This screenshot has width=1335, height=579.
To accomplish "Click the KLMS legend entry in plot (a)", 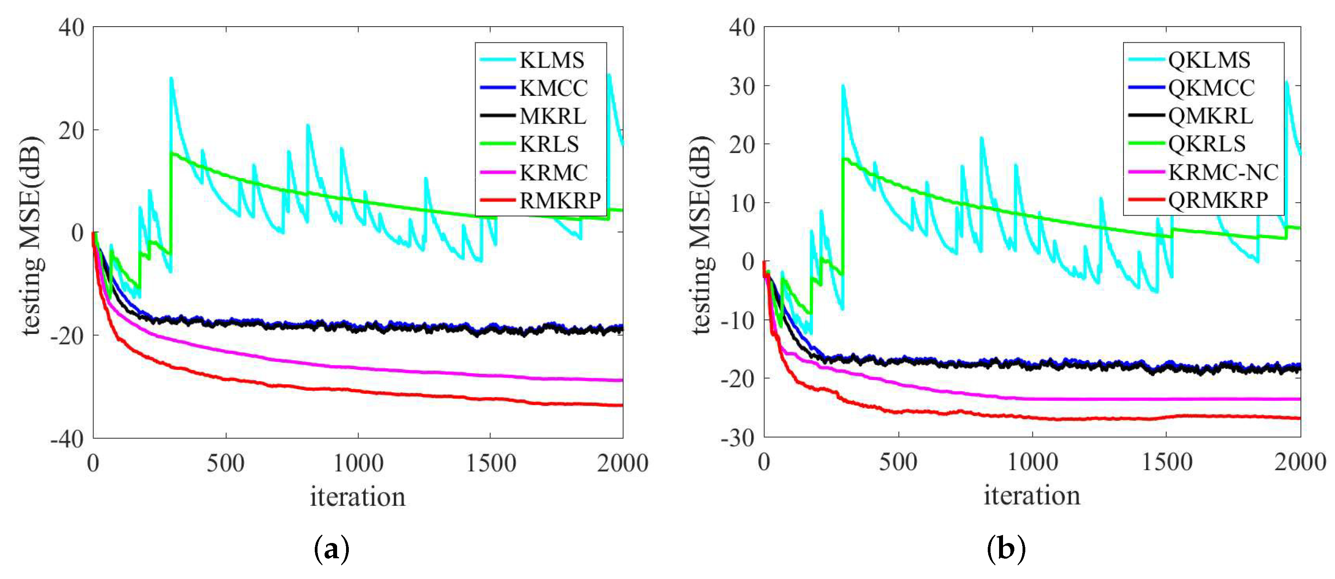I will [x=551, y=61].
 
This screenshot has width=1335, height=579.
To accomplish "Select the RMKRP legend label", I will [x=560, y=201].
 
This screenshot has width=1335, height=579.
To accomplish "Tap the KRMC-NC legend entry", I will [x=1223, y=172].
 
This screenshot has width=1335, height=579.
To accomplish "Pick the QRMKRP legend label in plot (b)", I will [x=1218, y=200].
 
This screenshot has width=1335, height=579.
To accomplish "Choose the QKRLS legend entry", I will [x=1206, y=144].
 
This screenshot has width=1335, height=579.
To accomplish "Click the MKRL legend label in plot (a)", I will [x=553, y=117].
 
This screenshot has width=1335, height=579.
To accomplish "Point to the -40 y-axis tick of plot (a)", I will [x=67, y=439].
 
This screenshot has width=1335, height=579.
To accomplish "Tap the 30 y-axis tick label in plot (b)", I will [x=742, y=87].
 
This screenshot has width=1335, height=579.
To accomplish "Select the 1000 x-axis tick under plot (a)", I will [x=358, y=463].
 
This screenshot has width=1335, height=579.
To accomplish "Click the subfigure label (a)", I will [x=332, y=549].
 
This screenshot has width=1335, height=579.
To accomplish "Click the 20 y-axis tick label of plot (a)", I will [x=72, y=131].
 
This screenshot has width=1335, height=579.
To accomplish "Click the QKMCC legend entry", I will [x=1211, y=88].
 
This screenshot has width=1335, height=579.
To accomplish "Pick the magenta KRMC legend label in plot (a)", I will [x=553, y=173].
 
